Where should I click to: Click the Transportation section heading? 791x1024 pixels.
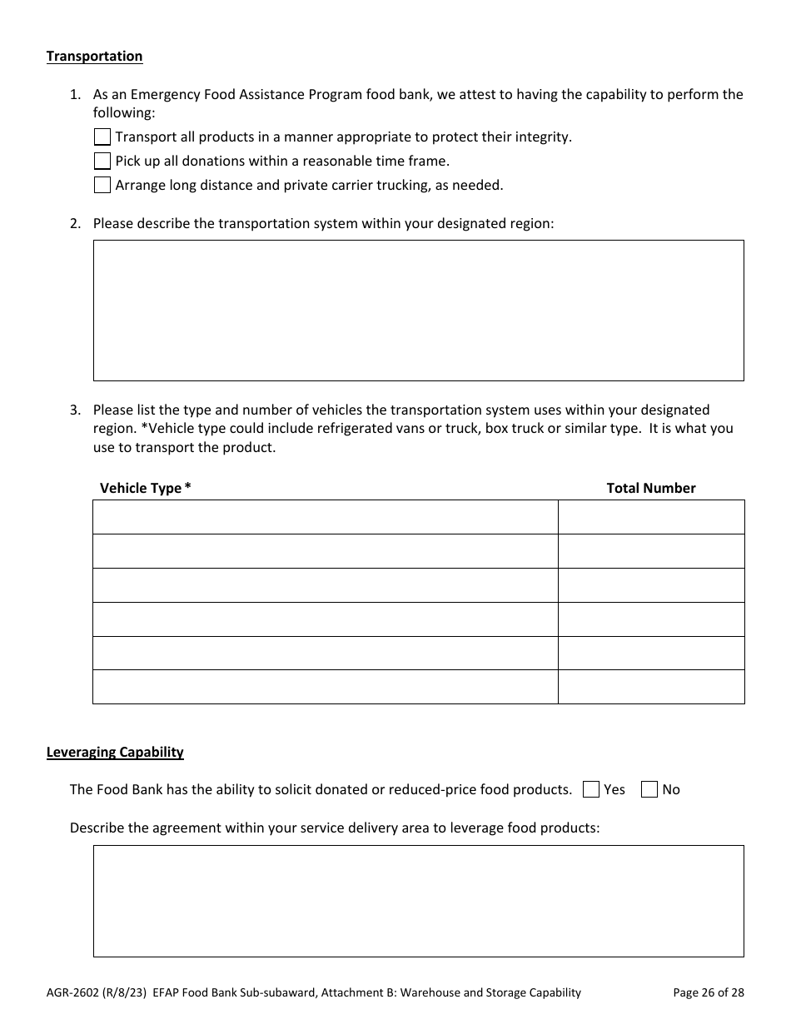pos(94,56)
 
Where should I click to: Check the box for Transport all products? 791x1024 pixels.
pos(102,137)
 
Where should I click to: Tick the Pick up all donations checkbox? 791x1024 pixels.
pos(102,161)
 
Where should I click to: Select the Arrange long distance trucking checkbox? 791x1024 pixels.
pos(102,185)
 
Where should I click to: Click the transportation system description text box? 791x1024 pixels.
pos(418,310)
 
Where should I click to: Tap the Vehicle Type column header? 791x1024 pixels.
pos(145,488)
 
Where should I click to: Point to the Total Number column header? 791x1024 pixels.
pos(650,488)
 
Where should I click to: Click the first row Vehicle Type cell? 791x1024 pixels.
pos(325,517)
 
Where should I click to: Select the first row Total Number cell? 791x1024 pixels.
pos(650,517)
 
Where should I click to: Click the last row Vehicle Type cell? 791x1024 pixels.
pos(325,687)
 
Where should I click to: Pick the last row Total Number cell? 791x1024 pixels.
pos(650,687)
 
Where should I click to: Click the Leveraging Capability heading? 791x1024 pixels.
pos(115,752)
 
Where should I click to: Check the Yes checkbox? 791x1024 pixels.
pos(591,789)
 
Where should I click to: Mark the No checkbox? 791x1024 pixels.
pos(649,789)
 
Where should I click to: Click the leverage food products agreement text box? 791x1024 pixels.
pos(418,901)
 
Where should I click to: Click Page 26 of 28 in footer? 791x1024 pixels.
pos(708,992)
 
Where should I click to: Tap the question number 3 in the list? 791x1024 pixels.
pos(75,410)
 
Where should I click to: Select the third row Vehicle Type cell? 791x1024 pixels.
pos(325,585)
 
